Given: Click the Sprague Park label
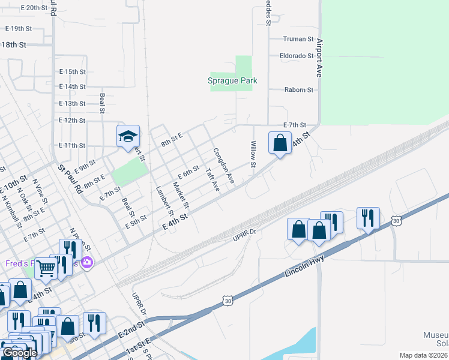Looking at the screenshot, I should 232,81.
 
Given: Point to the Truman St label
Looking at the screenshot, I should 299,39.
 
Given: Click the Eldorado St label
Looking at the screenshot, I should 297,56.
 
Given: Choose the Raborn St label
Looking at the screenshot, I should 298,90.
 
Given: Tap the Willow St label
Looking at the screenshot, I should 253,154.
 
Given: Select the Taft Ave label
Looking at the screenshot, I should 212,179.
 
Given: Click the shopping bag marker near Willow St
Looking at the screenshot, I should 280,143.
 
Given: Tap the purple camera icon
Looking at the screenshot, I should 87,263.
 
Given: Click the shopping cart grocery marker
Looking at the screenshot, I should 46,269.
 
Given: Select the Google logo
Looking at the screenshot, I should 19,353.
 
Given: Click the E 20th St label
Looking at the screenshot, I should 34,8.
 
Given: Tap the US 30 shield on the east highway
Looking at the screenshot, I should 395,221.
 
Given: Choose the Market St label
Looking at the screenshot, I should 181,196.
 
